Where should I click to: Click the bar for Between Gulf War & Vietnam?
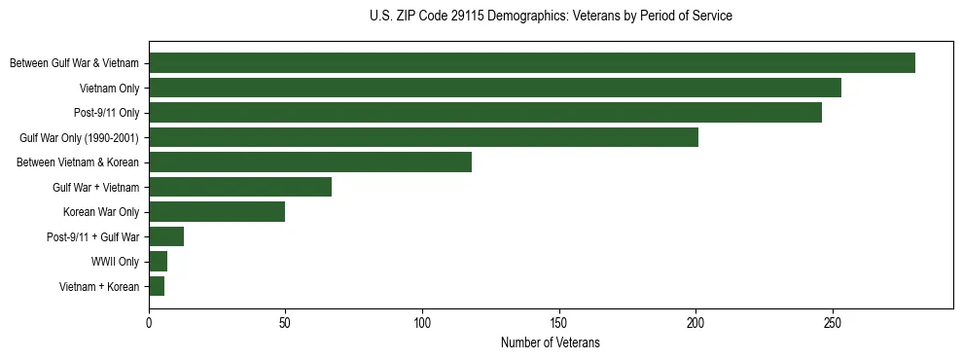[531, 63]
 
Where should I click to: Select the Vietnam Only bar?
[494, 88]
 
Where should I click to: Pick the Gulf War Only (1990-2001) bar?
[423, 137]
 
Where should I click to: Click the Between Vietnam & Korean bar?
[309, 162]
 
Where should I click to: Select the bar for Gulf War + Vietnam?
[239, 187]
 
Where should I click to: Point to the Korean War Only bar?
[216, 211]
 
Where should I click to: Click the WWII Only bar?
[158, 261]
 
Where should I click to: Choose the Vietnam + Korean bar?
[156, 286]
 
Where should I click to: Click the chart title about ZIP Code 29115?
[551, 17]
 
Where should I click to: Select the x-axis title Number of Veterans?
[550, 343]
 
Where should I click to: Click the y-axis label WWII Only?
[115, 262]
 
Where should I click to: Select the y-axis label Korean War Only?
[100, 212]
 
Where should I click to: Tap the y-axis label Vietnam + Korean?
[98, 286]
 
